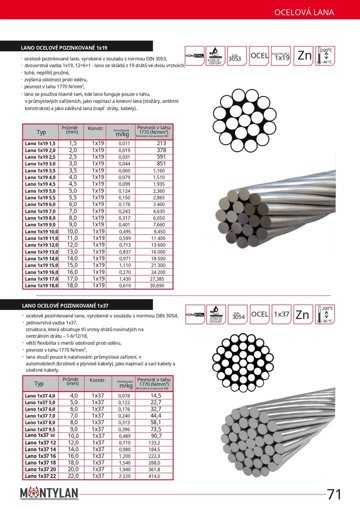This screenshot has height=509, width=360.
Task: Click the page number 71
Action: pos(334,494)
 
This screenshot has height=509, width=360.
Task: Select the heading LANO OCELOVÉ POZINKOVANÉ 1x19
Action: pos(64,48)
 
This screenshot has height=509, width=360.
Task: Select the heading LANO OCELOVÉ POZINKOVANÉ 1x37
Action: pos(65,305)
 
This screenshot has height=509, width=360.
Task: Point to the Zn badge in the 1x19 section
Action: pos(304,55)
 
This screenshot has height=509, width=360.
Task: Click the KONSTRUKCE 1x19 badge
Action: pos(282,56)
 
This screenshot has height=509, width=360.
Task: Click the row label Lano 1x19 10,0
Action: pos(41,231)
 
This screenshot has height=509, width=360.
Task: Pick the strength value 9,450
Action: pos(159,231)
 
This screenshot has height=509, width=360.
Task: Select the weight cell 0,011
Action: pos(124,143)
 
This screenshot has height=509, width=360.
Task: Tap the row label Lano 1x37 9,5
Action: pos(40,429)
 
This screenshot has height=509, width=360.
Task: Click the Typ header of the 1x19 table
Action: pos(41,132)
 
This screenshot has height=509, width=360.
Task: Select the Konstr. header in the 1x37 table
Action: pos(97,380)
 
